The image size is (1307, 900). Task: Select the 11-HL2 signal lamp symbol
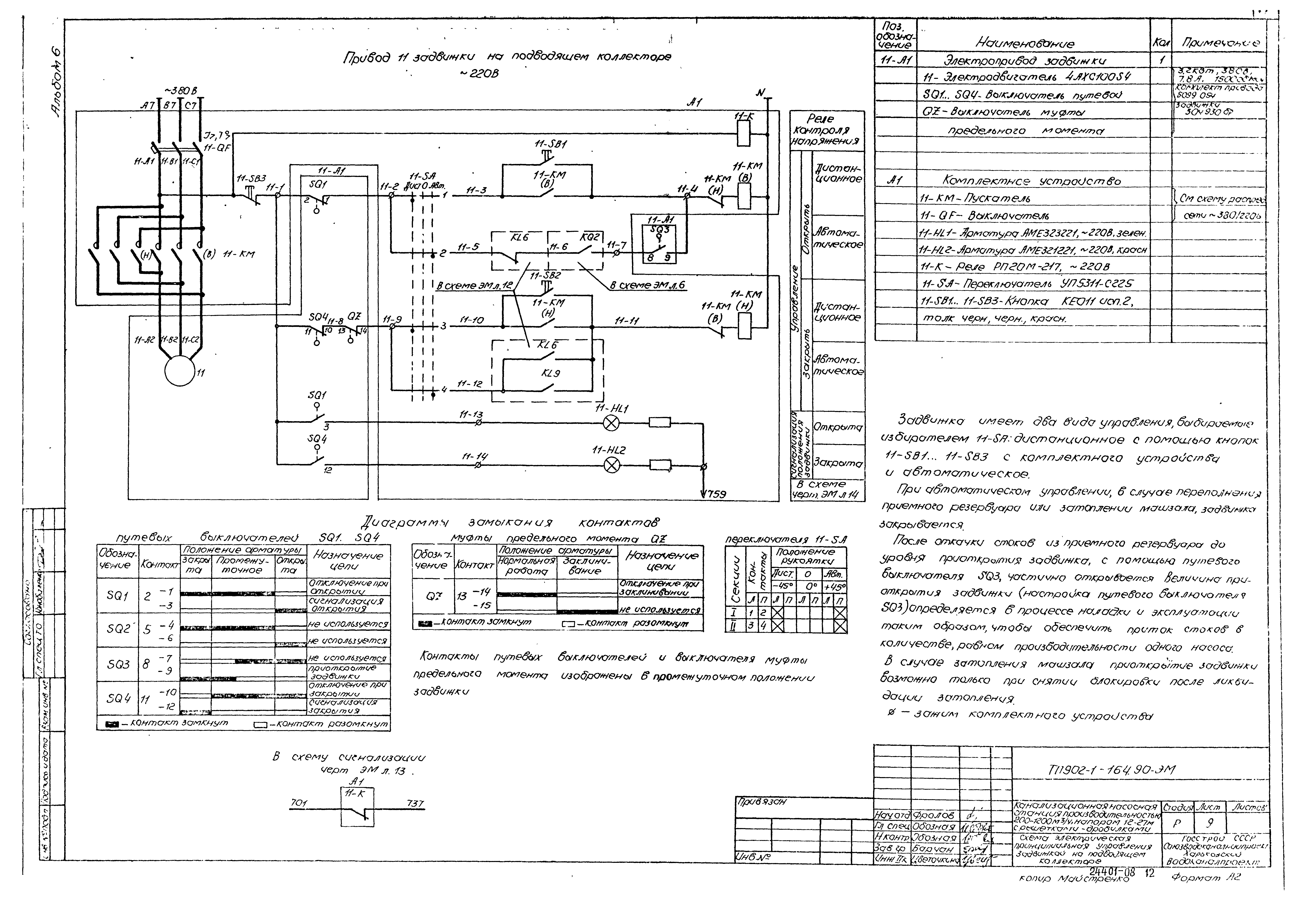click(612, 465)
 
